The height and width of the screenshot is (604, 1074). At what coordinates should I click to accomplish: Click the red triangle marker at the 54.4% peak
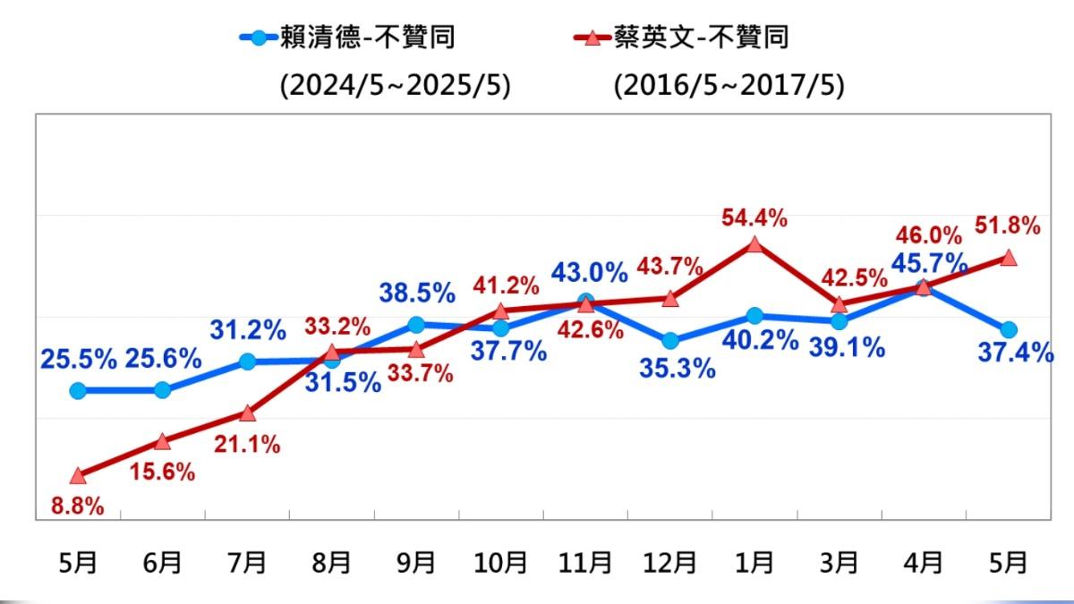click(754, 243)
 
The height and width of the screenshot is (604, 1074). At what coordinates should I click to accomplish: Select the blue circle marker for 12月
click(670, 341)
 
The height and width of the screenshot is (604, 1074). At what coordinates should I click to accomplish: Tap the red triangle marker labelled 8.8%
click(78, 475)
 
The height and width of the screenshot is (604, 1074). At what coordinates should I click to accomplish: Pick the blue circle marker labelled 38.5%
click(416, 324)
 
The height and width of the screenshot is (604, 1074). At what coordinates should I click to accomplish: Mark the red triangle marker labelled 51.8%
click(1008, 257)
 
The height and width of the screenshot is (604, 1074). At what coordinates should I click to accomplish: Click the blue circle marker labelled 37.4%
click(1008, 329)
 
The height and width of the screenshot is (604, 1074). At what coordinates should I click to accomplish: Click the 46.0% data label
click(928, 236)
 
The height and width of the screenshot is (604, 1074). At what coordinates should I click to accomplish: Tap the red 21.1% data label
click(248, 442)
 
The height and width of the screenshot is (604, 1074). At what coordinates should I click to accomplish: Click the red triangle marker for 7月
click(248, 413)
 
